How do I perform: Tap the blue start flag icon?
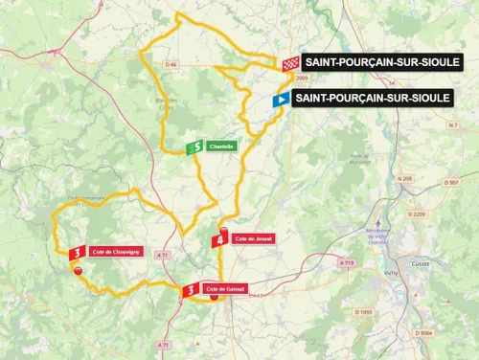click(280, 99)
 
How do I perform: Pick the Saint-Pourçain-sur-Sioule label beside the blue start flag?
click(372, 98)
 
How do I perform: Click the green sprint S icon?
click(194, 146)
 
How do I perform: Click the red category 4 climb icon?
click(220, 239)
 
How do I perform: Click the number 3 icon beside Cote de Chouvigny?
click(77, 252)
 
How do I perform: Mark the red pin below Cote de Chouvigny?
click(78, 271)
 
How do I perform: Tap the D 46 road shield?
click(171, 64)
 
